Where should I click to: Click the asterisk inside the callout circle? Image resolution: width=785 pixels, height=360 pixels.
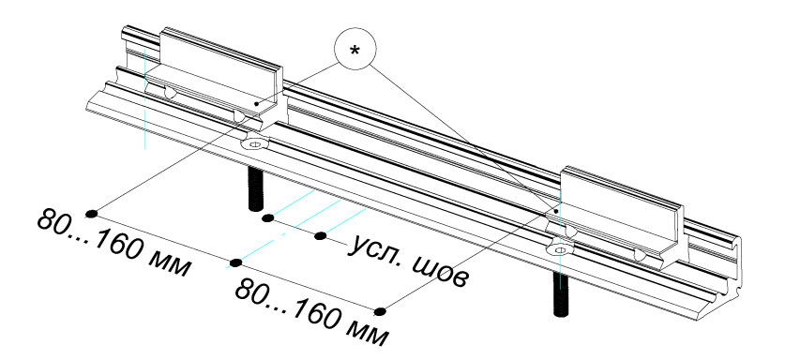click(355, 51)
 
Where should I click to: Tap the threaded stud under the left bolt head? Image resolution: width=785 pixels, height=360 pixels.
click(255, 188)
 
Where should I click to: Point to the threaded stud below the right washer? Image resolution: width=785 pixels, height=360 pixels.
click(562, 294)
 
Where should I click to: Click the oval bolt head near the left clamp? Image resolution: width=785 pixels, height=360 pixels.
click(254, 144)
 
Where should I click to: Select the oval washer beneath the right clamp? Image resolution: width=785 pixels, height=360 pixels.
click(561, 248)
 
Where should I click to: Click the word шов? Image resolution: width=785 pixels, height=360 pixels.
click(438, 270)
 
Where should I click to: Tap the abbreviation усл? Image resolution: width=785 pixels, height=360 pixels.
click(375, 249)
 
